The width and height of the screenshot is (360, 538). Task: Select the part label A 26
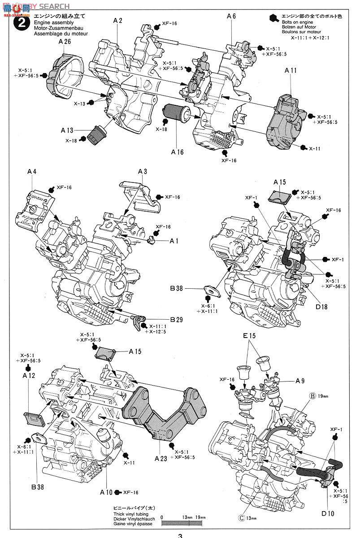tap(65, 41)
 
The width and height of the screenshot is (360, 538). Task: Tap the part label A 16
tap(178, 152)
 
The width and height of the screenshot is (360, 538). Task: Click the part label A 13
tap(68, 130)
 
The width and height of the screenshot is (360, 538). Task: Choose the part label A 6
tap(231, 16)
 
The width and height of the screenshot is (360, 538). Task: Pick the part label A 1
tap(174, 241)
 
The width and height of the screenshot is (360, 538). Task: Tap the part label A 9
tap(300, 381)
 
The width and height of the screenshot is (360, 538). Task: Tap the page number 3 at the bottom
tap(180, 535)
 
